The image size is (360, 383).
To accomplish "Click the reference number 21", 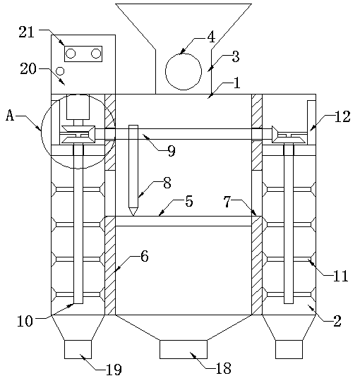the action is click(26, 32).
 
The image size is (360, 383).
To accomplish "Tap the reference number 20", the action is click(28, 68).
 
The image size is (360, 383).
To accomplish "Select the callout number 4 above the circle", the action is click(211, 37).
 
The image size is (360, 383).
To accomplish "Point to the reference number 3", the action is click(235, 56).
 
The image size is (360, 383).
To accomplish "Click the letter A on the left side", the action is click(10, 115).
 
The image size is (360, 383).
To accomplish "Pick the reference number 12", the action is click(342, 116).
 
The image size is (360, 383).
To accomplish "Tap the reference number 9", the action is click(172, 150).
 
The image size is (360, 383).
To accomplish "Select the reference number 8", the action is click(167, 183).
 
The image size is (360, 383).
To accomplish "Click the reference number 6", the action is click(145, 257).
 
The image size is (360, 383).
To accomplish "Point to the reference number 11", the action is click(341, 276).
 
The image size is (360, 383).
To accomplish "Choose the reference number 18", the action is click(223, 368).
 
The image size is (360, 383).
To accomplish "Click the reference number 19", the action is click(114, 370).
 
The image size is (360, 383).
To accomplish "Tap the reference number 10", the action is click(25, 321).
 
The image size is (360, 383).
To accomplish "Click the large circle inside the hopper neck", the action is click(184, 71).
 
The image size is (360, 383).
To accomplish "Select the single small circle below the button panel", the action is click(60, 71).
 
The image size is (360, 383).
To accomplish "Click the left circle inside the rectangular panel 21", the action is click(71, 54).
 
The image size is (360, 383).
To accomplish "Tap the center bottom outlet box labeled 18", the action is click(184, 349).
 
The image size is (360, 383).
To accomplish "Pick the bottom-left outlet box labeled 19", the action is click(78, 349).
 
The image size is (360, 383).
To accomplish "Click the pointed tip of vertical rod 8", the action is click(133, 216).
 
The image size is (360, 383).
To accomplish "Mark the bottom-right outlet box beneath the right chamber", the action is click(289, 349).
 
